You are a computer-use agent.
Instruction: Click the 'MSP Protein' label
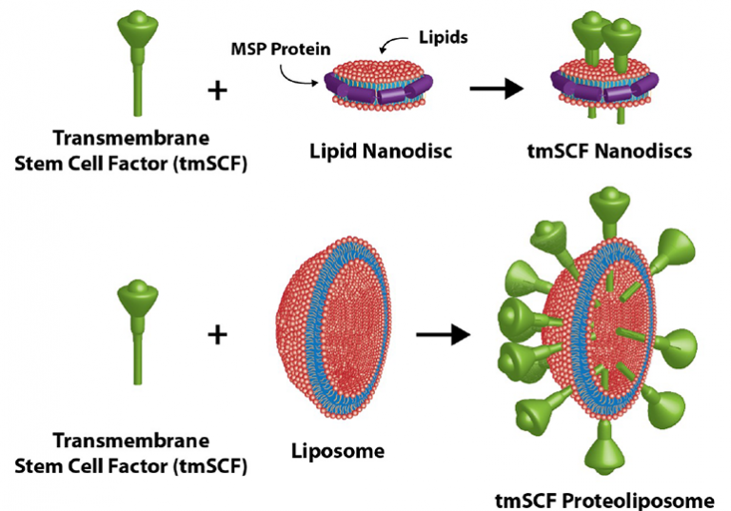tap(281, 49)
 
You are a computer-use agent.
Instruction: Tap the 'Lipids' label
tap(443, 37)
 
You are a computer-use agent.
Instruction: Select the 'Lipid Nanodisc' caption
tap(381, 150)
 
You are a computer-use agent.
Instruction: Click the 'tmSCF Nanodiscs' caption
tap(609, 150)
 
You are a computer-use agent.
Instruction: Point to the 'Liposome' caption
tap(338, 451)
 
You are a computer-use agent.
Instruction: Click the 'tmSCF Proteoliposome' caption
tap(604, 501)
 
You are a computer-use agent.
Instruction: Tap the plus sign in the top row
tap(217, 90)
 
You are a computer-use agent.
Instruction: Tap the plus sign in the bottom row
tap(217, 334)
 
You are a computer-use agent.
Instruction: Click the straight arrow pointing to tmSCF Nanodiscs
tap(497, 88)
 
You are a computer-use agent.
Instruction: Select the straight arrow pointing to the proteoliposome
tap(443, 334)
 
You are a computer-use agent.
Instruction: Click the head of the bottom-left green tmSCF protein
tap(137, 298)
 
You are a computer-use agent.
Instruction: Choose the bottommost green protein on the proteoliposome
tap(604, 448)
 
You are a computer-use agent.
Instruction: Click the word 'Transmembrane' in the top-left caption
tap(131, 138)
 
